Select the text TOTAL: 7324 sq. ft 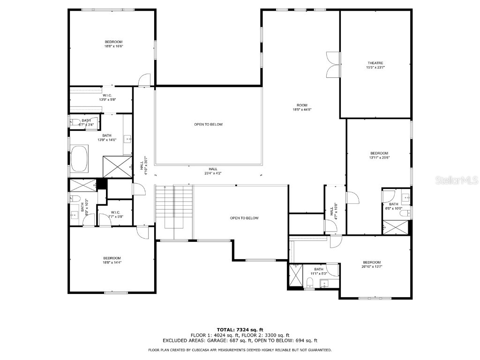tap(240, 330)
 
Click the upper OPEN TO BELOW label tap(208, 124)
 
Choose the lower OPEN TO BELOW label tap(244, 218)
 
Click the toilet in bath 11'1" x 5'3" tap(309, 282)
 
